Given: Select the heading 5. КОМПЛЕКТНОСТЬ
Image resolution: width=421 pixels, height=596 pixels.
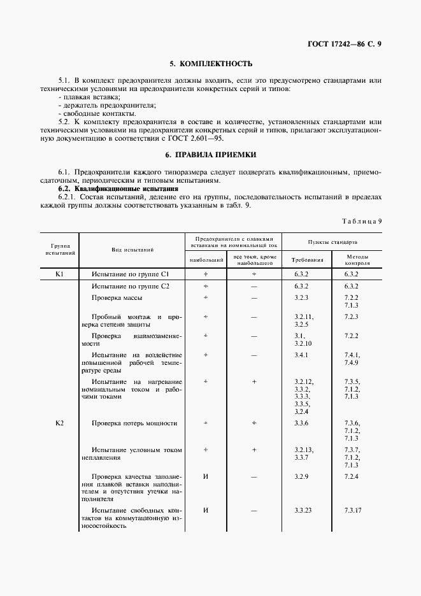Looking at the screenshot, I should (x=210, y=64).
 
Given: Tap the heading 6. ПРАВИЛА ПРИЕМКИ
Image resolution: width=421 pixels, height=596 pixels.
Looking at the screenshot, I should (x=210, y=155).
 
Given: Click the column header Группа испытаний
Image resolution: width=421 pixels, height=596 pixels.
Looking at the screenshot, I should (x=61, y=249).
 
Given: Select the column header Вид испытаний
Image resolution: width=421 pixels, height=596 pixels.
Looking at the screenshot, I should (x=132, y=250).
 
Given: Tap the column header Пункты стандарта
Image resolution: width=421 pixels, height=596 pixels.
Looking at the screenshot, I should (x=332, y=243).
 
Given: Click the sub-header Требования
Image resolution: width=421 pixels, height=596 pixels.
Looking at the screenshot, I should (x=307, y=260).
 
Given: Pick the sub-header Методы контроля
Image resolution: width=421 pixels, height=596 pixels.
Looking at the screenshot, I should (x=357, y=260).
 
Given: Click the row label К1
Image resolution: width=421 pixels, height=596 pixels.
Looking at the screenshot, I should (x=61, y=273).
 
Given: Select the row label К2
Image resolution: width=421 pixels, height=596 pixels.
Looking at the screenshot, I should (x=61, y=423).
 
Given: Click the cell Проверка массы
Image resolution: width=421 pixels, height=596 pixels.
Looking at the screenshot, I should (x=117, y=297).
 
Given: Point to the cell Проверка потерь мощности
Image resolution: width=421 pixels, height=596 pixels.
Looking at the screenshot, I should (x=134, y=423).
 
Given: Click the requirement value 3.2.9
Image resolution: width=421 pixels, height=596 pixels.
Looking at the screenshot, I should (x=301, y=476).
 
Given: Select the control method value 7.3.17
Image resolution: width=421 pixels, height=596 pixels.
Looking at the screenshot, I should (x=353, y=510).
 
